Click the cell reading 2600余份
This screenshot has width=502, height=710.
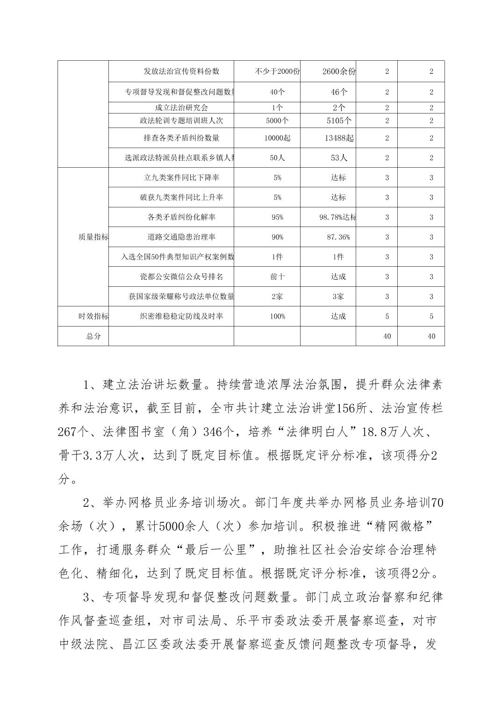click(339, 71)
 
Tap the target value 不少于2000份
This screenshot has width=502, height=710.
click(277, 71)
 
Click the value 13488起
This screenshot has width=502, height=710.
click(339, 138)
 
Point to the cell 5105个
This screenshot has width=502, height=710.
click(339, 121)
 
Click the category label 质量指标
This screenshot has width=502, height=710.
click(93, 237)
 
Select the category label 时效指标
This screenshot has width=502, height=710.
click(93, 316)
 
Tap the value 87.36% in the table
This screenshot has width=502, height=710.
click(338, 237)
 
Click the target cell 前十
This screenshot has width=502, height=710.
click(277, 277)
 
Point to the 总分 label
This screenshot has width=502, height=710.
click(93, 336)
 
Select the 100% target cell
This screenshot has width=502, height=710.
click(277, 316)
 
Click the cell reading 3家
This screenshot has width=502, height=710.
click(338, 297)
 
